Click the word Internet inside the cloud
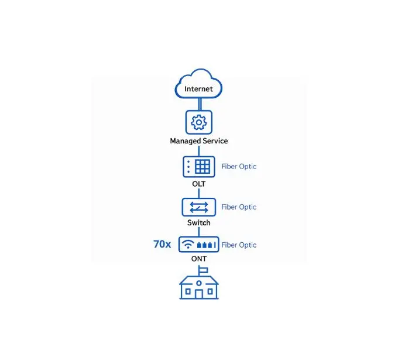pyautogui.click(x=198, y=89)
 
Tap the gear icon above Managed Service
pyautogui.click(x=199, y=122)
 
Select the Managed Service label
pyautogui.click(x=199, y=141)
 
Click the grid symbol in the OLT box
pyautogui.click(x=203, y=167)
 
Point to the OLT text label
pyautogui.click(x=199, y=184)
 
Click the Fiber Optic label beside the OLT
pyautogui.click(x=239, y=167)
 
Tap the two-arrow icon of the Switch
pyautogui.click(x=199, y=207)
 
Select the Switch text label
pyautogui.click(x=199, y=222)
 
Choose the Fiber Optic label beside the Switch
pyautogui.click(x=239, y=207)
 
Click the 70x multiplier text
pyautogui.click(x=162, y=244)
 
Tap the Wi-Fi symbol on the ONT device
pyautogui.click(x=188, y=245)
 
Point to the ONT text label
pyautogui.click(x=199, y=259)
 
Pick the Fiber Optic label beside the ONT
pyautogui.click(x=239, y=245)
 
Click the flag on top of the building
pyautogui.click(x=204, y=270)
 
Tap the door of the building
pyautogui.click(x=199, y=294)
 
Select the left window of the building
pyautogui.click(x=188, y=292)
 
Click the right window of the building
pyautogui.click(x=210, y=292)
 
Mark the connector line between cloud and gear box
pyautogui.click(x=200, y=104)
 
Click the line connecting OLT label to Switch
pyautogui.click(x=199, y=193)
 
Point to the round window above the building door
pyautogui.click(x=199, y=283)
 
